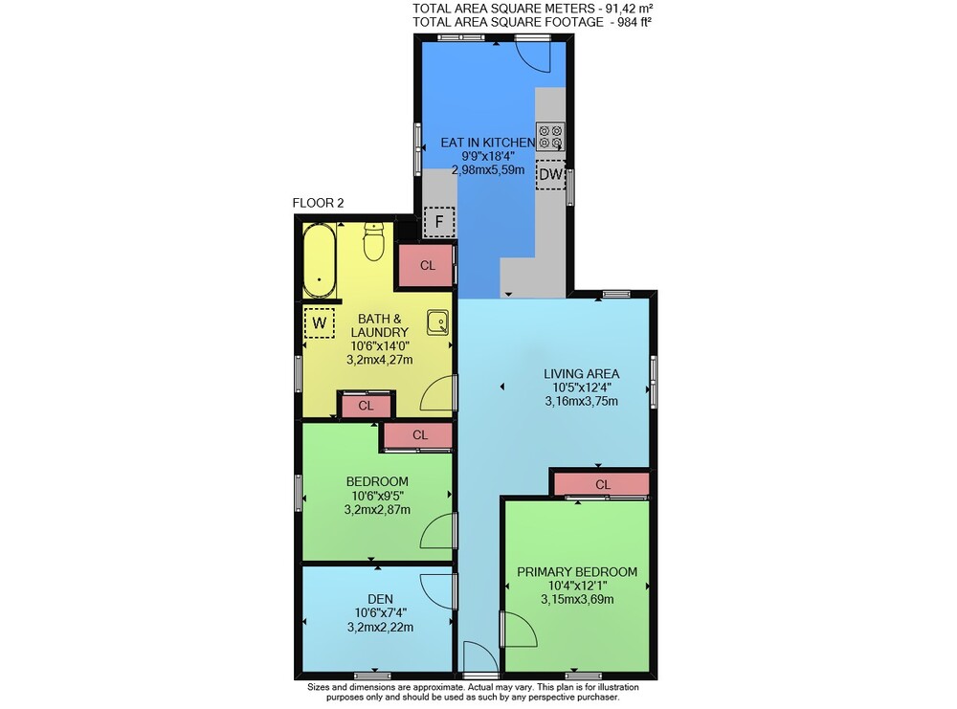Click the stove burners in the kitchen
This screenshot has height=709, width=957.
tap(550, 137)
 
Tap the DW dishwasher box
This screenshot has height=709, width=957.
tap(551, 174)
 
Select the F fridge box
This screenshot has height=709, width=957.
tap(439, 222)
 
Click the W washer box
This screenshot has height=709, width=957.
tap(320, 322)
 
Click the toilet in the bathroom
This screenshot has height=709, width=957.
tap(373, 241)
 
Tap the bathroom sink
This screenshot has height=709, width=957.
tap(437, 322)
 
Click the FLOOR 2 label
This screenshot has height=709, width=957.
tap(318, 203)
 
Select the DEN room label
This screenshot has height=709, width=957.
tap(380, 599)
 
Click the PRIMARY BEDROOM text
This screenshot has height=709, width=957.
tap(577, 572)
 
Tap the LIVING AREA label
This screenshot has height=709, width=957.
tap(581, 373)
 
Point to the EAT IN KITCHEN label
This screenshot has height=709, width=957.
tap(488, 143)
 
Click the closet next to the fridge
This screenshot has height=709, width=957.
tap(427, 265)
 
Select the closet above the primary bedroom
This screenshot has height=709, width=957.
tap(602, 484)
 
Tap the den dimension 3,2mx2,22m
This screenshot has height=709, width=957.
tap(380, 627)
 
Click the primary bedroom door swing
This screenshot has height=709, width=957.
tap(520, 630)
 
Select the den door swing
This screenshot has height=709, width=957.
tap(438, 591)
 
